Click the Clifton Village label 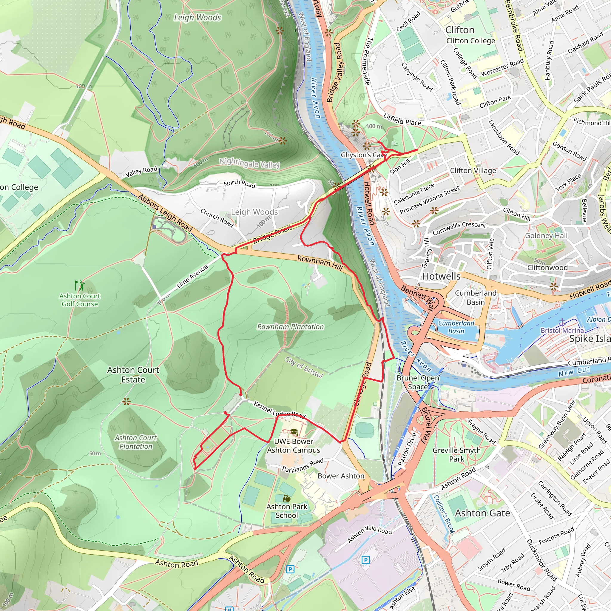473,170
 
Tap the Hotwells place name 441,276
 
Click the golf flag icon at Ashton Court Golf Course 79,285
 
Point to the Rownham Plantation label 290,327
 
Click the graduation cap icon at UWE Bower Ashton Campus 294,432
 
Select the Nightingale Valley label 249,163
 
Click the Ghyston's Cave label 363,155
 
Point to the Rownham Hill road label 320,263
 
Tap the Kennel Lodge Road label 279,410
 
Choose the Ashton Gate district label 482,513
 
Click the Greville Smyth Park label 456,454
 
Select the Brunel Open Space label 418,382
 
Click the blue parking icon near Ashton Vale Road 365,560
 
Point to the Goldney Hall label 546,236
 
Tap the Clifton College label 470,41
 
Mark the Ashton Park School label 286,511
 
